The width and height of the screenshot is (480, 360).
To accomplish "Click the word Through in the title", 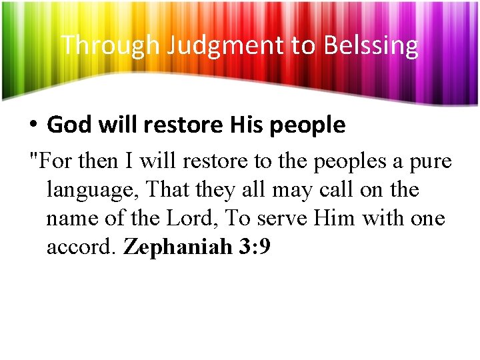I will point(111,45).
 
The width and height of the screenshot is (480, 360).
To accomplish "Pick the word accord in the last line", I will point(82,247).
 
